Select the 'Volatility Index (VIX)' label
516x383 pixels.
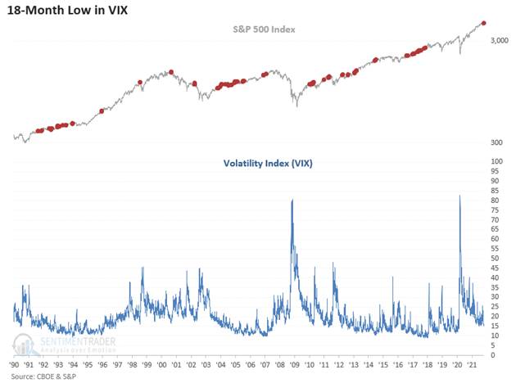tap(267, 163)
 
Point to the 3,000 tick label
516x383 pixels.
tap(501, 41)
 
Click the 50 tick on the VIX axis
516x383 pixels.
tap(496, 259)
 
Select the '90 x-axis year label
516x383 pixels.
tap(16, 364)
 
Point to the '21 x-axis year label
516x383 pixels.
tap(470, 364)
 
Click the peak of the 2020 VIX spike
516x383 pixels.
tap(459, 196)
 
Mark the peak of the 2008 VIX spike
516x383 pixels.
tap(292, 200)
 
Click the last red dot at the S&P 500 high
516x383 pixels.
tap(483, 23)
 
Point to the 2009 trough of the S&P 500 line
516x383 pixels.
tap(296, 106)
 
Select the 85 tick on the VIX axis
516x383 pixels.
tap(496, 191)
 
